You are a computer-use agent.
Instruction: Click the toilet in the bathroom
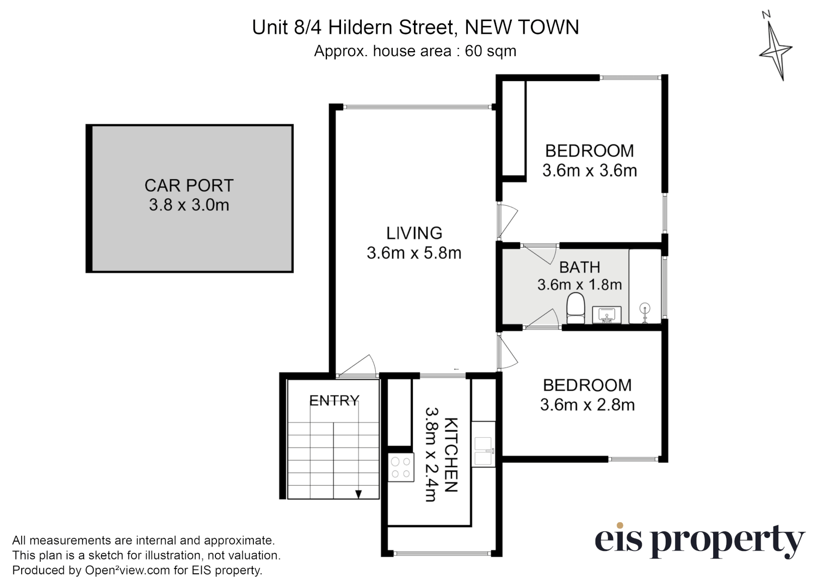point(575,307)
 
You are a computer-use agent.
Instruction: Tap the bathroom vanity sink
point(606,314)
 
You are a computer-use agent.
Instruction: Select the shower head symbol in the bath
point(645,311)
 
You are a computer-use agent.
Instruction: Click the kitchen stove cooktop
point(401,468)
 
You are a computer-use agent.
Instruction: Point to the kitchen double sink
point(483,451)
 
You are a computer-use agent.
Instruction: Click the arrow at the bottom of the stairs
point(358,494)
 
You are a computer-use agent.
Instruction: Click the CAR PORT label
point(189,186)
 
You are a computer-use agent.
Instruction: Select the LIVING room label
point(414,233)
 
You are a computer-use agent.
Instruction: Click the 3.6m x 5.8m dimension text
point(414,253)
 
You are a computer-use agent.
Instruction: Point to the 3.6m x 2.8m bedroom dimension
point(587,405)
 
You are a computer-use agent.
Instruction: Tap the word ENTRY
point(334,401)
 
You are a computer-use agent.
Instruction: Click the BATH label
point(580,267)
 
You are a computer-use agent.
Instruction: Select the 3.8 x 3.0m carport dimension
point(189,205)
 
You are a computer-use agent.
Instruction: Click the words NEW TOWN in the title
point(522,27)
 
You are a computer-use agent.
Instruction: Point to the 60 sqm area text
point(490,51)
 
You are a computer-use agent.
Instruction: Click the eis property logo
point(699,540)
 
